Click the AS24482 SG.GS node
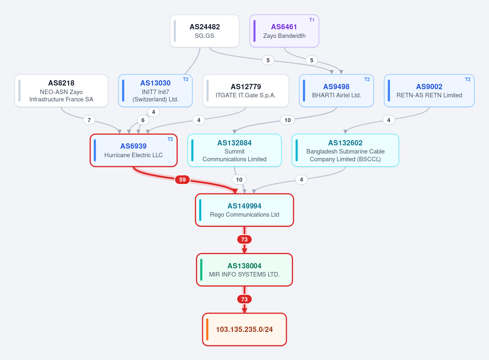205,31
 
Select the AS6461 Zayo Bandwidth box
284,31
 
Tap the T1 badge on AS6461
312,20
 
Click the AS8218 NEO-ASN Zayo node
62,90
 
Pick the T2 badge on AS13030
185,79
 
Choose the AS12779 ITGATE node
246,90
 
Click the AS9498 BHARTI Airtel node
337,90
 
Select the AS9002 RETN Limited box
429,90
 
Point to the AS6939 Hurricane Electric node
134,150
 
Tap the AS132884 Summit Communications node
234,150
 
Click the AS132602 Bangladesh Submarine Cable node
346,150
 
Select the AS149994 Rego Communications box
244,210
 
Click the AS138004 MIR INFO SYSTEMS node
244,270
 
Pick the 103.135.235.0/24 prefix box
244,329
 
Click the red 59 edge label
182,180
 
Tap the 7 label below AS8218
89,120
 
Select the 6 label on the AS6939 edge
143,120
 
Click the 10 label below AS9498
288,120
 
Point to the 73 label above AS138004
244,239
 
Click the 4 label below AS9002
389,120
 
